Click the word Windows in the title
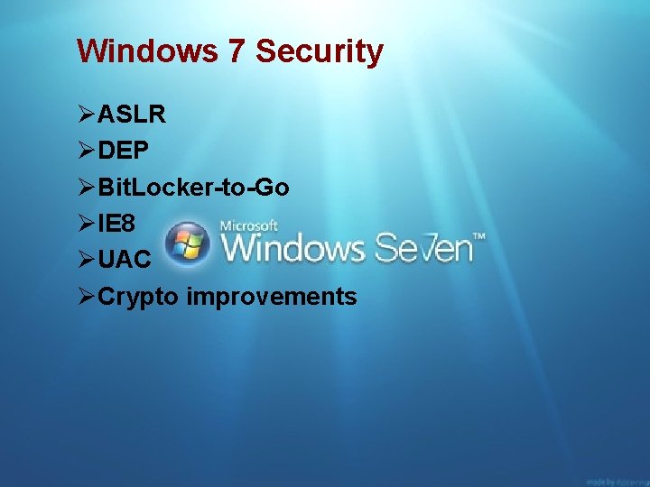(x=147, y=51)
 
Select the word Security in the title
(x=320, y=51)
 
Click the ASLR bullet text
(x=131, y=115)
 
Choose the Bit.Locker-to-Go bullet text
(x=193, y=188)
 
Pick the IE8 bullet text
(x=117, y=224)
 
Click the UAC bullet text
(x=125, y=260)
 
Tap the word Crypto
(x=139, y=297)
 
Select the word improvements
(x=272, y=297)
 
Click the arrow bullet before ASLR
(x=87, y=115)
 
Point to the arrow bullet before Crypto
(x=87, y=296)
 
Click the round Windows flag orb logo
(x=189, y=243)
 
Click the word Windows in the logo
(x=293, y=247)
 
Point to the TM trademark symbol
(x=480, y=236)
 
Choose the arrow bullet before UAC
(x=87, y=260)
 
